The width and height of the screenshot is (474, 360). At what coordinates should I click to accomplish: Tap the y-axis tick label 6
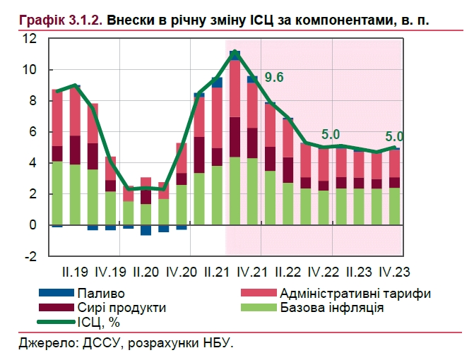tap(32, 132)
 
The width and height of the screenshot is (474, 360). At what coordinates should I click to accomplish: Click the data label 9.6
tap(274, 78)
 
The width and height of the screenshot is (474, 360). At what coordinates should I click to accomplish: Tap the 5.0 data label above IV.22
tap(331, 134)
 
